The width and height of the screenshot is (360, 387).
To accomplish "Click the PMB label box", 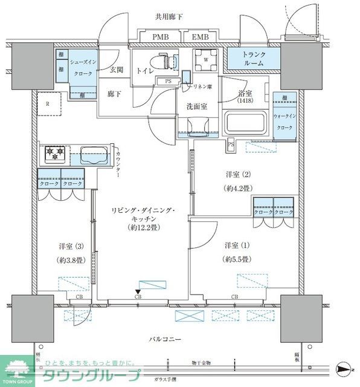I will pyautogui.click(x=159, y=37).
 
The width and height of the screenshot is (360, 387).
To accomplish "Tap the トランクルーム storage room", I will pyautogui.click(x=253, y=58).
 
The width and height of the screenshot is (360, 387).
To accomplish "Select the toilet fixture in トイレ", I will pyautogui.click(x=166, y=62).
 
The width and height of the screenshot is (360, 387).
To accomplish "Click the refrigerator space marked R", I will pyautogui.click(x=47, y=103).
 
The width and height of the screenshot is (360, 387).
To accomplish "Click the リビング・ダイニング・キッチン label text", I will pyautogui.click(x=143, y=219).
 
